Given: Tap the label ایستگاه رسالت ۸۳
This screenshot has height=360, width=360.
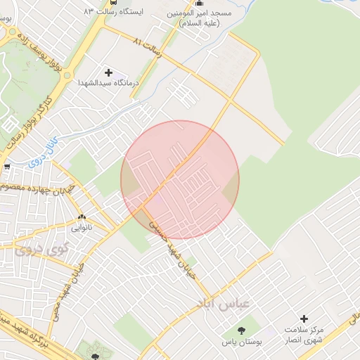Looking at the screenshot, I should click(112, 13).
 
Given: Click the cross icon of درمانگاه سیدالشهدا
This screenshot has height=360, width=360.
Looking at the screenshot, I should click(108, 72).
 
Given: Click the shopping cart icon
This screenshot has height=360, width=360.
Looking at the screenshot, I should click(6, 167).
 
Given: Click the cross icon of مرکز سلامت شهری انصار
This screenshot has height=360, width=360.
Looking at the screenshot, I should click(304, 319).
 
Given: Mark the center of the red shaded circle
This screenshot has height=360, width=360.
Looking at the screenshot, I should click(180, 179).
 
